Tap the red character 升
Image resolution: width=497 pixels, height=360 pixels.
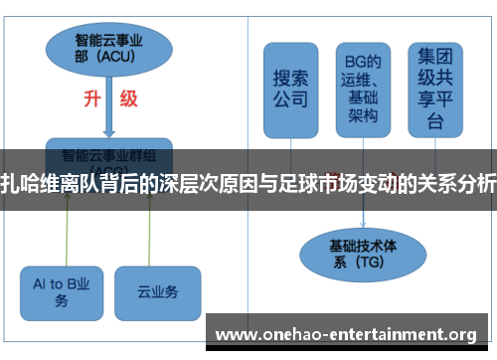(x=90, y=99)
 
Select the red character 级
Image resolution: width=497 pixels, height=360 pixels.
(x=128, y=99)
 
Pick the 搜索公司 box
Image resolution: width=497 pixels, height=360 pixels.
(x=290, y=89)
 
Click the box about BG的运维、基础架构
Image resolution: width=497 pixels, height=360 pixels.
(x=363, y=89)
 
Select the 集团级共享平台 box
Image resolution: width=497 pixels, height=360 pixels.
(x=435, y=89)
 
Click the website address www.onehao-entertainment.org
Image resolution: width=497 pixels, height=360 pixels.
(x=346, y=333)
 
